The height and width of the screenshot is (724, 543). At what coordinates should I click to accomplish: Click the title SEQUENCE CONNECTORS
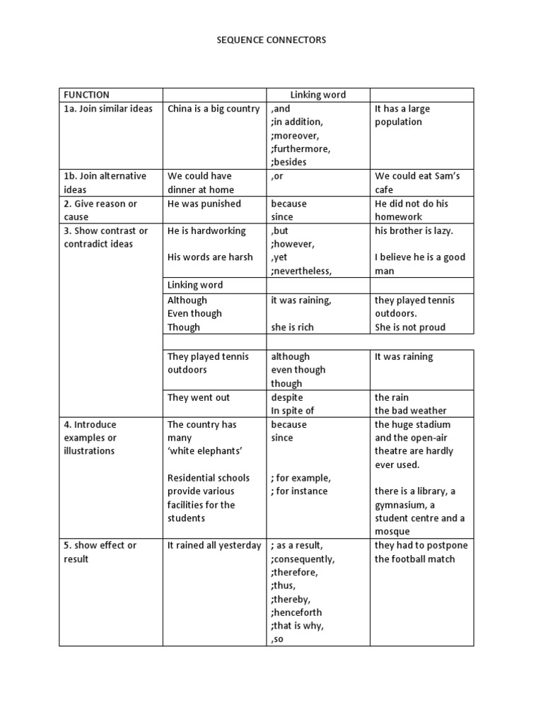pos(271,40)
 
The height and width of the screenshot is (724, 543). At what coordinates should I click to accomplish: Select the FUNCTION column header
pos(86,95)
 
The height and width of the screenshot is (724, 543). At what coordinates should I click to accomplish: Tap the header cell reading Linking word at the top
pos(318,95)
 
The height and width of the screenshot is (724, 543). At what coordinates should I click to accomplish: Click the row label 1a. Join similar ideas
pos(108,109)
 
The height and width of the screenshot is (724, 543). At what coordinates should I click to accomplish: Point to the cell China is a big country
pos(214,109)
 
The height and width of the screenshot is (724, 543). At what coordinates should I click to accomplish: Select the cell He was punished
pos(204,204)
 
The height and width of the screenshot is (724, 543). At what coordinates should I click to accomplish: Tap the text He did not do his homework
pos(411,210)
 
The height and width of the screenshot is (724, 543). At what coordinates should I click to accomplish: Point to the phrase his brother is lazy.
pos(414,230)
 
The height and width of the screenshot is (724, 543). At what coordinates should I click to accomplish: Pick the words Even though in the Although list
pos(194,313)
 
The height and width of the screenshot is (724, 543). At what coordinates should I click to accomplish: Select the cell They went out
pos(199,397)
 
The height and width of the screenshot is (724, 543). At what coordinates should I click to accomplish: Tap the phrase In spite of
pos(293,411)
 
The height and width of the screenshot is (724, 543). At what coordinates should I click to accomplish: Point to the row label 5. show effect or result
pos(100,552)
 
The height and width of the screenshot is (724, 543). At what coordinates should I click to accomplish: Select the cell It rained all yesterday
pos(214,545)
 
